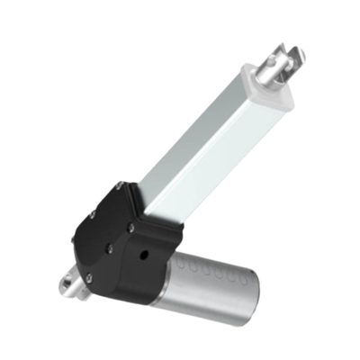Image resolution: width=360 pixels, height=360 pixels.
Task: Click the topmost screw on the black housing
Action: tap(120, 186)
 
